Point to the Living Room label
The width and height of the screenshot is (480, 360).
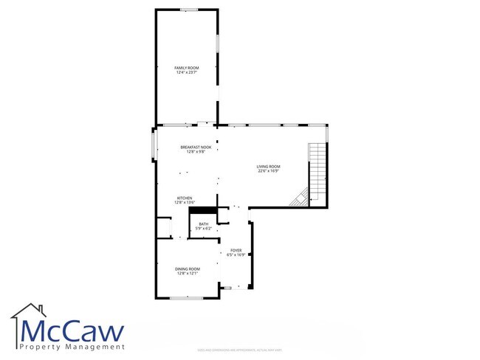[269, 166]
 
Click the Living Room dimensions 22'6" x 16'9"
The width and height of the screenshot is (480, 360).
[269, 170]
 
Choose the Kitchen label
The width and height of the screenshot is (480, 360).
[185, 198]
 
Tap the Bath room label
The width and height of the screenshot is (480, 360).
[203, 224]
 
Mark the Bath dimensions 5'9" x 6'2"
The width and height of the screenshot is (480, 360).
[203, 229]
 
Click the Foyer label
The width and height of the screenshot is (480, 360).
[236, 251]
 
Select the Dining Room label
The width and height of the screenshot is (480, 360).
[188, 269]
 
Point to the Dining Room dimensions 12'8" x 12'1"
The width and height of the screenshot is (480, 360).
[188, 274]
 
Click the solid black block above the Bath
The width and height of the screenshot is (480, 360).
[202, 210]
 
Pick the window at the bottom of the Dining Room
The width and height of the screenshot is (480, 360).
[186, 297]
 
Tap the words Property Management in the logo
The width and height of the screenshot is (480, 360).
[72, 347]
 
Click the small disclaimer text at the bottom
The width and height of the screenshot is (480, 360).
[239, 349]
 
